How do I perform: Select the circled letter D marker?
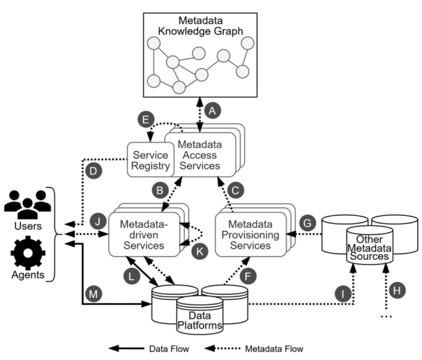94,171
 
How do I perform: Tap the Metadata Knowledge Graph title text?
201,25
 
